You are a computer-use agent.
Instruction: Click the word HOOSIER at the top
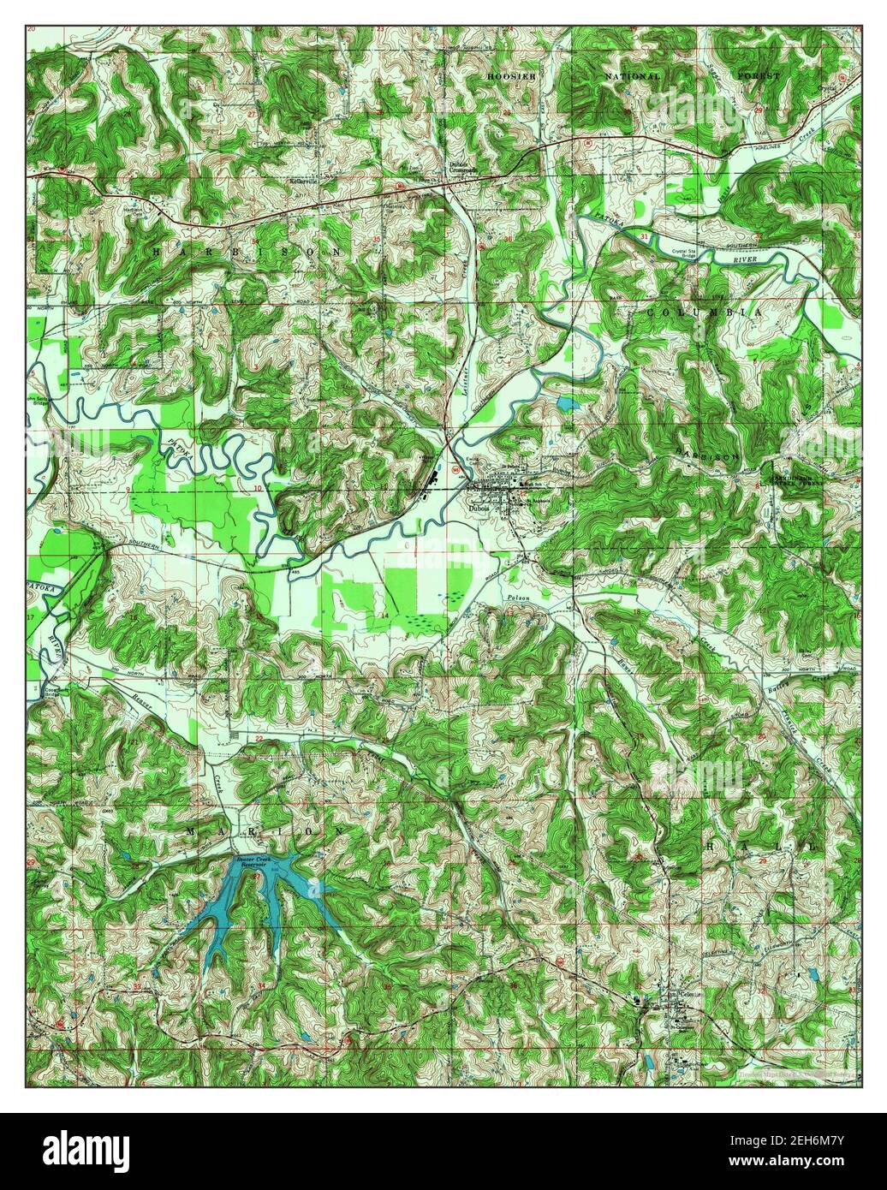[x=510, y=76]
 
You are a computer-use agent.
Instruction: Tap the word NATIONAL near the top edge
[x=632, y=76]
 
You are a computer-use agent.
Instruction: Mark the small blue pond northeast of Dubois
[x=567, y=401]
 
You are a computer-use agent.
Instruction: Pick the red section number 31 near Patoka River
[x=644, y=235]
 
